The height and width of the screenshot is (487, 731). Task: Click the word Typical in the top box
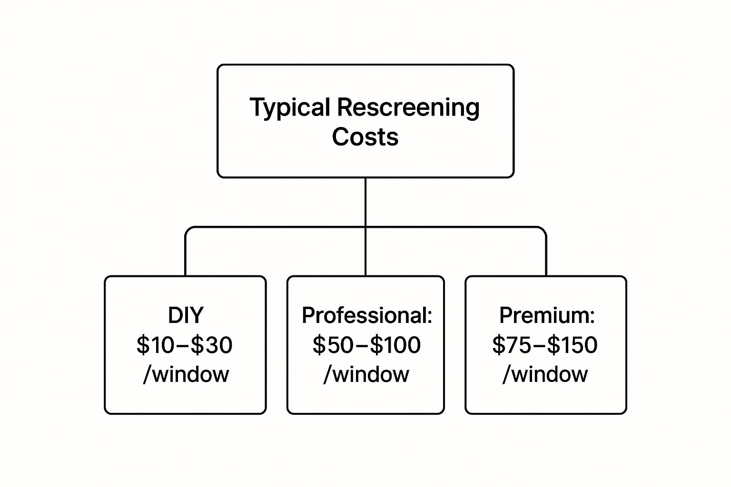tap(290, 107)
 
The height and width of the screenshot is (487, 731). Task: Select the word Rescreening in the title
tap(408, 107)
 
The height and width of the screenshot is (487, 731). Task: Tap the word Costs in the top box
tap(365, 137)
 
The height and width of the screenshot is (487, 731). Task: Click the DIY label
tap(185, 315)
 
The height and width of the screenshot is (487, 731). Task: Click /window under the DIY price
tap(186, 374)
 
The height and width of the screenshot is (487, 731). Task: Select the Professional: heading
tap(366, 315)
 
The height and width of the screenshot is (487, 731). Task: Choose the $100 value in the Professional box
tap(395, 345)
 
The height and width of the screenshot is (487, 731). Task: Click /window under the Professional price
tap(366, 374)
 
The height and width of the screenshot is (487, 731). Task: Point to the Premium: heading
tap(546, 315)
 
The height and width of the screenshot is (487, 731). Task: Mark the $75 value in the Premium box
tap(512, 345)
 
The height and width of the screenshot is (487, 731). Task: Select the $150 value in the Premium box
tap(572, 345)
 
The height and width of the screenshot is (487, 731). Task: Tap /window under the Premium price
tap(545, 374)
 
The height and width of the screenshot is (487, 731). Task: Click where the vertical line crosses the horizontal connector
tap(365, 227)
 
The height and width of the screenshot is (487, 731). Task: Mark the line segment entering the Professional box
tap(365, 254)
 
